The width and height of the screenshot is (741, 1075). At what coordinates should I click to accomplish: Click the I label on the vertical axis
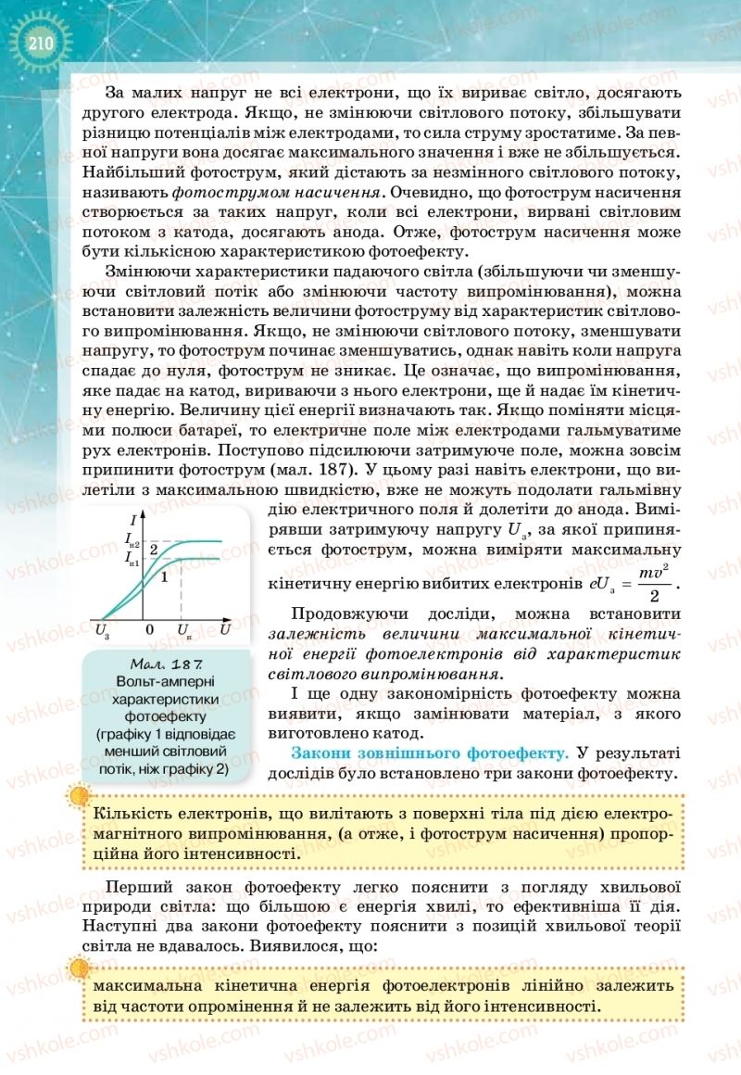[x=134, y=519]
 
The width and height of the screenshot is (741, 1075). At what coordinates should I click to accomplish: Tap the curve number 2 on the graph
[x=156, y=550]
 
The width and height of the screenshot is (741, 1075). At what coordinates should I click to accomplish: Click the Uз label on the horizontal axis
[x=102, y=631]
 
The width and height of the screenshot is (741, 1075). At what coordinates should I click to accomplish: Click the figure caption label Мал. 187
[x=168, y=664]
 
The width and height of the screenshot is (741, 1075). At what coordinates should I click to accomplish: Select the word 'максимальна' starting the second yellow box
[x=145, y=986]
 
